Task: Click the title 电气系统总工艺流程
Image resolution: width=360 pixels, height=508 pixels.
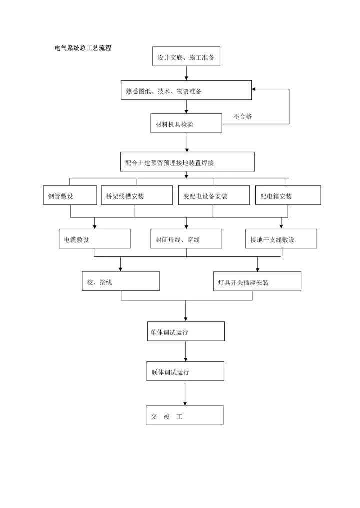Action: pos(83,48)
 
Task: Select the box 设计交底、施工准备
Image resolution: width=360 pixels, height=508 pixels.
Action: pos(186,56)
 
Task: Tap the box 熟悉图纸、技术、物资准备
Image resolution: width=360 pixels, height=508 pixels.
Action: pos(186,90)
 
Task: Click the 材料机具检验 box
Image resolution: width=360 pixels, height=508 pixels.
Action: pos(186,123)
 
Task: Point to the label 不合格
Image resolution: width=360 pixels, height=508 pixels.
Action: pos(242,117)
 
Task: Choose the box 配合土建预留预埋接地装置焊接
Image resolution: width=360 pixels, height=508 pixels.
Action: pos(187,162)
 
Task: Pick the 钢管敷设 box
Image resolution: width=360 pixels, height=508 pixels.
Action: pos(70,195)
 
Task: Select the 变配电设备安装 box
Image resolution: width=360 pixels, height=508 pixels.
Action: pos(213,195)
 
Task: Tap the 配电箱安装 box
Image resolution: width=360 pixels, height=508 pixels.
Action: pos(288,195)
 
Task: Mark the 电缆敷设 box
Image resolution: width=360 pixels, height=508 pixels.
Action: pos(94,239)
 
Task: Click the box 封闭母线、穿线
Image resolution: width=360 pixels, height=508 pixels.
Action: pos(186,239)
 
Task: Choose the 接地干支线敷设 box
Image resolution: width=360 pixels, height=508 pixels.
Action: pos(281,239)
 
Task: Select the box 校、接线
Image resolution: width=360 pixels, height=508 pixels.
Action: pos(121,281)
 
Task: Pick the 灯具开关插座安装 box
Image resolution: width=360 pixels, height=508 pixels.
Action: pos(257,281)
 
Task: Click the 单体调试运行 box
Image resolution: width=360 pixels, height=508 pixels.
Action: pos(185,331)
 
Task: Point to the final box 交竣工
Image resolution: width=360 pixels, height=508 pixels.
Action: pos(184,415)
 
